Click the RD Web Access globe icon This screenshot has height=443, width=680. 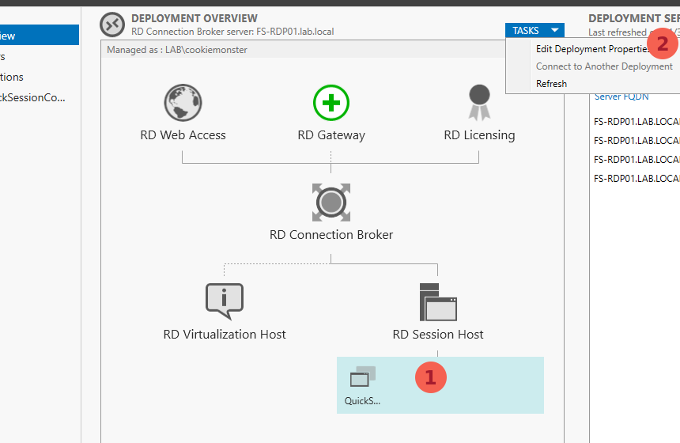click(183, 103)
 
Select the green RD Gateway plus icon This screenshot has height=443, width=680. click(331, 103)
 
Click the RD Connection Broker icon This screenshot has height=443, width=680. click(331, 203)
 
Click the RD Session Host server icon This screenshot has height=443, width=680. click(438, 301)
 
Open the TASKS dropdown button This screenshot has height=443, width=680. click(535, 31)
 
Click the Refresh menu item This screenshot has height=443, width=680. click(551, 84)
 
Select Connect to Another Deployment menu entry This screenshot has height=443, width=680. click(604, 66)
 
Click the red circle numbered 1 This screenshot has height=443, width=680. click(431, 378)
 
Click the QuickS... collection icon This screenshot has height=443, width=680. click(363, 377)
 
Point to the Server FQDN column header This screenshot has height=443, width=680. click(621, 97)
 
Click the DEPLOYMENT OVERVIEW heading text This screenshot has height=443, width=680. click(195, 18)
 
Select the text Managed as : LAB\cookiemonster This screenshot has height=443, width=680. click(177, 50)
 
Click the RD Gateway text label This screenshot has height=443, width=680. click(331, 135)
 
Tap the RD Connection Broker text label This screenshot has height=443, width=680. click(331, 235)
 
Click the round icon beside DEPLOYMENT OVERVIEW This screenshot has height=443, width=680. click(112, 25)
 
